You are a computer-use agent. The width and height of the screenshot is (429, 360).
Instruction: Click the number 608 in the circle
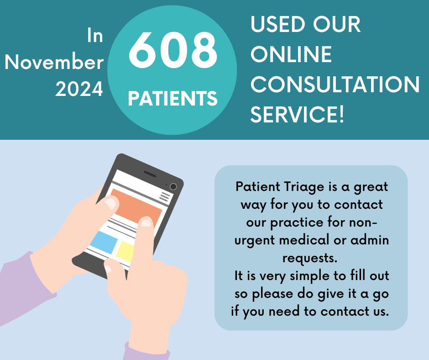(x=173, y=50)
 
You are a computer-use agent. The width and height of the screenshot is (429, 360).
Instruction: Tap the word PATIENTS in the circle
(x=173, y=98)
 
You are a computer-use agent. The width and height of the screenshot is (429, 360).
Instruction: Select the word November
(x=54, y=62)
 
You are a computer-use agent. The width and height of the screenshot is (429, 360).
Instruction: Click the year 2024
(x=79, y=89)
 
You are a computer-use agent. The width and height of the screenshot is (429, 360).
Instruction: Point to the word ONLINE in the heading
(x=291, y=54)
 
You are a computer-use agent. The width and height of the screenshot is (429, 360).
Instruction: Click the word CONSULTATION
(x=335, y=84)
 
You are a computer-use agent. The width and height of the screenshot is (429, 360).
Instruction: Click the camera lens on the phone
(x=173, y=186)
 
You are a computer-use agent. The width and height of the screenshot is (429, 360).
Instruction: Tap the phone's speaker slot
(x=150, y=174)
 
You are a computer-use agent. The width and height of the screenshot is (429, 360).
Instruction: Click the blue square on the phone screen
(x=104, y=243)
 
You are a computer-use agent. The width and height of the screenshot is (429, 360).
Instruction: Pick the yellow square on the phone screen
(x=125, y=252)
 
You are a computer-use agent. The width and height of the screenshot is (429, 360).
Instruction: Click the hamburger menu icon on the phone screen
(x=165, y=196)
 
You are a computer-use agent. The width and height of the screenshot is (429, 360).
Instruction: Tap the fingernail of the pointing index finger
(x=146, y=223)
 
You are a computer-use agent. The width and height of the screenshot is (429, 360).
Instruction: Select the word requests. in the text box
(x=310, y=258)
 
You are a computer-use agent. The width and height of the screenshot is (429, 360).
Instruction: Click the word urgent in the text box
(x=255, y=241)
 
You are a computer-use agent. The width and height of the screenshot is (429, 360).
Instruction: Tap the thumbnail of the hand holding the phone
(x=110, y=204)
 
